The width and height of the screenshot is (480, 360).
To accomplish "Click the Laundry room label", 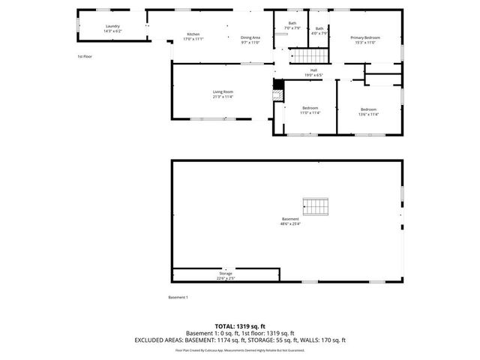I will (x=112, y=27).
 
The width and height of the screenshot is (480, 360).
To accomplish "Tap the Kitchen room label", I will (x=193, y=34).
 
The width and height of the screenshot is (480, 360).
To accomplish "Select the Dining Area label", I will (x=250, y=37).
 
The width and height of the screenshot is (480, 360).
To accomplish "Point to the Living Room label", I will (x=223, y=91).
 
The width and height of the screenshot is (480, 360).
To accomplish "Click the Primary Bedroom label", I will (x=365, y=37).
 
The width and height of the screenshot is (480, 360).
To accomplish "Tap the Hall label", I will (x=313, y=70).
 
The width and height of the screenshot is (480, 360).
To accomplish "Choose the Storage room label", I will (x=226, y=273).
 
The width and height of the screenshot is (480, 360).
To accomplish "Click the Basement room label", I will (x=290, y=219).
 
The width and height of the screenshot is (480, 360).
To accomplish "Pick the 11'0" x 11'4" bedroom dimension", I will (x=310, y=113).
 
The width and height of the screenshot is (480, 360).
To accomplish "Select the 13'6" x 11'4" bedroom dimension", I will (x=368, y=113).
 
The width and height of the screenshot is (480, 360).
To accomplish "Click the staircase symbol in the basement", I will (x=316, y=205).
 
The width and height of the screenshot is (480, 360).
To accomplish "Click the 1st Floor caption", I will (x=85, y=57).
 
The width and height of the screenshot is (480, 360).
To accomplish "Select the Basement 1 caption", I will (x=178, y=298).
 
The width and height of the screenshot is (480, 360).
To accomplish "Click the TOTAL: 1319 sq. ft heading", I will (x=240, y=325).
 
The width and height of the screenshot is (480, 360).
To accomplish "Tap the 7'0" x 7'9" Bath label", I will (x=292, y=25).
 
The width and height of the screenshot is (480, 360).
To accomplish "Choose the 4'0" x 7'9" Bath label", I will (x=319, y=31).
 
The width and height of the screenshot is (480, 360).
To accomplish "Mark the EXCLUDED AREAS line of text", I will (x=240, y=340).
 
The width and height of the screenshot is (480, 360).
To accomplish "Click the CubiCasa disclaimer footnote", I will (x=240, y=350).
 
